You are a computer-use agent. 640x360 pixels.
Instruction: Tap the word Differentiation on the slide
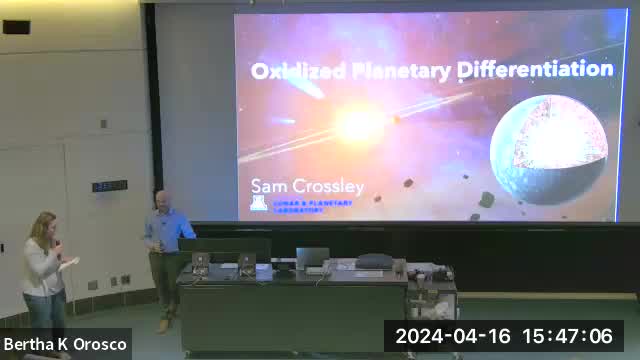point(535,69)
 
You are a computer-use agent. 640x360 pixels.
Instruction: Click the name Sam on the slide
point(268,186)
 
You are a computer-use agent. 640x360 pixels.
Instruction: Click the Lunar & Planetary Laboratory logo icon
point(258,205)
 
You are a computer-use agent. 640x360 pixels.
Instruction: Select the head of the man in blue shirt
point(161,199)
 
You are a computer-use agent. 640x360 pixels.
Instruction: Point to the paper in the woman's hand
point(70,263)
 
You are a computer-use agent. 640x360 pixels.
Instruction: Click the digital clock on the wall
point(110,186)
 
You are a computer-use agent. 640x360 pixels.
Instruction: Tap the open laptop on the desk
point(312,259)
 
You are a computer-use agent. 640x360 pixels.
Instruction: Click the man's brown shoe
point(163,326)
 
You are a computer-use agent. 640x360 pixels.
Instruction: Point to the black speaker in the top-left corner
point(16,27)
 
